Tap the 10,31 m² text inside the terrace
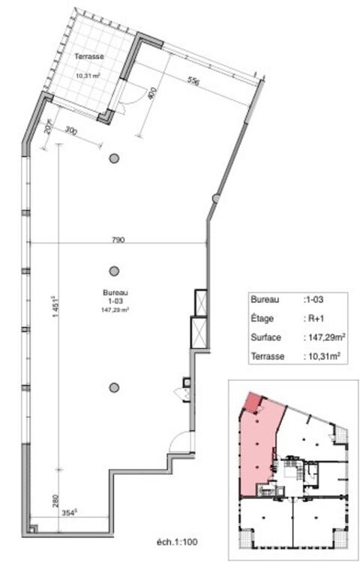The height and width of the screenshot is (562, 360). [88, 75]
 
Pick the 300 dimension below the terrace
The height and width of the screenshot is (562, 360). [72, 133]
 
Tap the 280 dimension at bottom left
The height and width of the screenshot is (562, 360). [55, 501]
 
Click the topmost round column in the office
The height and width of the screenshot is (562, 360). [114, 158]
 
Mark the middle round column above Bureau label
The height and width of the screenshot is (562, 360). [114, 271]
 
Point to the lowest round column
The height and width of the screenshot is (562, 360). [114, 387]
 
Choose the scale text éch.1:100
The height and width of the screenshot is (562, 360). [177, 541]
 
